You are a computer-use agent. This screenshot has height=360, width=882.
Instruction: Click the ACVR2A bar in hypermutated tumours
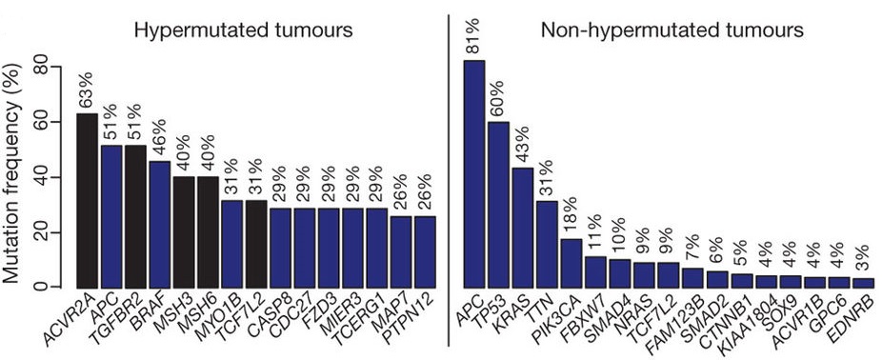point(87,200)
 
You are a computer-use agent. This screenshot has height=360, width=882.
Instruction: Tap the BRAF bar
point(160,223)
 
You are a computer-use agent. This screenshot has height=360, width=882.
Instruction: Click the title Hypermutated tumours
point(243,30)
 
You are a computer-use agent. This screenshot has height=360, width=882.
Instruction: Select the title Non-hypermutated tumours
point(672,30)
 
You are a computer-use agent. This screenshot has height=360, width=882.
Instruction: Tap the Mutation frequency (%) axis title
point(14,176)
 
